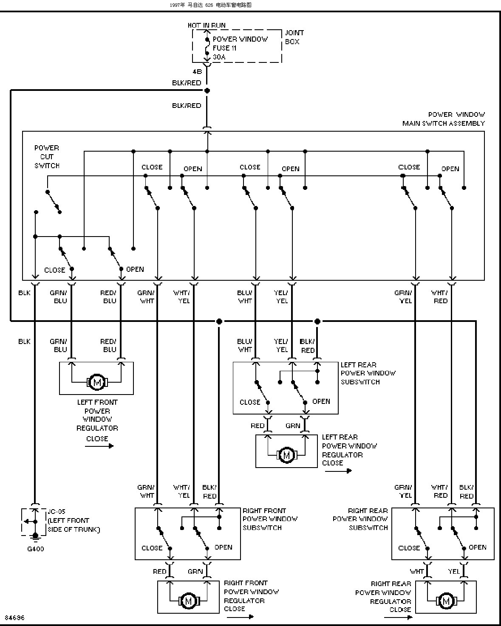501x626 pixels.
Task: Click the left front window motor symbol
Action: point(97,382)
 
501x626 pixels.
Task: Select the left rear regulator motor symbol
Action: point(287,455)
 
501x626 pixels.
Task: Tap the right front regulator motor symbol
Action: point(188,601)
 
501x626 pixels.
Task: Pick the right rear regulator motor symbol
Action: point(446,601)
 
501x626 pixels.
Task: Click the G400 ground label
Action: point(36,549)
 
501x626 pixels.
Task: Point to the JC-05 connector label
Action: point(57,511)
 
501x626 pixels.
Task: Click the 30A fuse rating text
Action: point(219,57)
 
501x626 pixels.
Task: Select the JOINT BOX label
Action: point(294,37)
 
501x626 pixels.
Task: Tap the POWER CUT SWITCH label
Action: point(47,156)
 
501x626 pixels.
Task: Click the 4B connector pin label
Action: point(197,71)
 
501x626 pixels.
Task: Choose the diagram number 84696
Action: point(15,618)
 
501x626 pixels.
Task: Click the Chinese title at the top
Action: point(210,5)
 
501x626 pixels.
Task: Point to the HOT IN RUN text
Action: point(207,25)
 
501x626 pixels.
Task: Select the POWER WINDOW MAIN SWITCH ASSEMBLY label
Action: point(444,118)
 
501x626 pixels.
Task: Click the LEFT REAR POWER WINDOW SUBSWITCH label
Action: point(368,373)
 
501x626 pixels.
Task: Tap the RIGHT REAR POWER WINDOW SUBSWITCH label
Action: point(360,519)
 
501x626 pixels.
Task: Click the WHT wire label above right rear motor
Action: point(416,571)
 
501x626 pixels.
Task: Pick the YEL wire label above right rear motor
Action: point(453,571)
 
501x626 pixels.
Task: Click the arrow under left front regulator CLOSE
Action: point(99,446)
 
